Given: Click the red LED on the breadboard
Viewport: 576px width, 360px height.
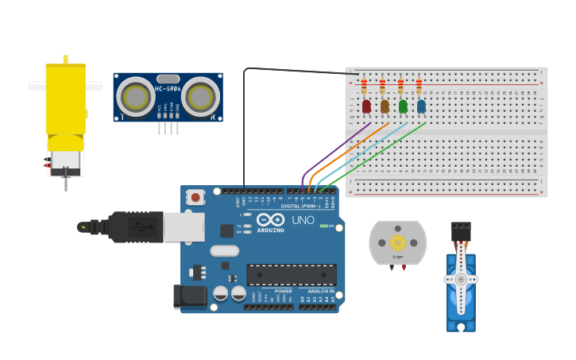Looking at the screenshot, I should click(x=366, y=106).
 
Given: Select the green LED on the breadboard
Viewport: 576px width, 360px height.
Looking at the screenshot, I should click(x=403, y=106).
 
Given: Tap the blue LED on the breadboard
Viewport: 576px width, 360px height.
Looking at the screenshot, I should click(x=421, y=106).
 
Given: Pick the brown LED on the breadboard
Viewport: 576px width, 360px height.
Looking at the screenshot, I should click(x=385, y=106).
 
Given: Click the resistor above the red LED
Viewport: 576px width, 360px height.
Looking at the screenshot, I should click(x=364, y=86).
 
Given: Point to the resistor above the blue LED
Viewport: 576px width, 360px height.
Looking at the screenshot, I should click(x=419, y=86).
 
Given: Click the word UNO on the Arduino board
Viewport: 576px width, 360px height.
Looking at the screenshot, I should click(x=303, y=220).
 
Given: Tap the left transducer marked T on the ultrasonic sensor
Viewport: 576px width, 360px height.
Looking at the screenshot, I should click(x=136, y=98).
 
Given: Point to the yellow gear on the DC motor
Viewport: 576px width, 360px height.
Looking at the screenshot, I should click(x=397, y=242).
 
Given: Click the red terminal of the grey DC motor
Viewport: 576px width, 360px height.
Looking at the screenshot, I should click(x=404, y=267).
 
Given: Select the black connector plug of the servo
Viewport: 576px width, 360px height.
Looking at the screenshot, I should click(x=460, y=231).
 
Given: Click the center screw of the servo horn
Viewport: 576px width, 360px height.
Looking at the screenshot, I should click(x=460, y=279).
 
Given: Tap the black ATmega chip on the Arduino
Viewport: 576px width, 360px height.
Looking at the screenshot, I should click(x=291, y=274).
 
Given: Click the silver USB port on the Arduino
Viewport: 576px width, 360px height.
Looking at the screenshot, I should click(x=184, y=226).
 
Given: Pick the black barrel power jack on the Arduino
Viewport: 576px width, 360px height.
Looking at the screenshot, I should click(x=189, y=296).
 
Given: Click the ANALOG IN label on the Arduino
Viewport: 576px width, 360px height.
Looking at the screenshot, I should click(x=322, y=292).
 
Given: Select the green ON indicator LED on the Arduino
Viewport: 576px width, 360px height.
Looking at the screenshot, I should click(x=323, y=226).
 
